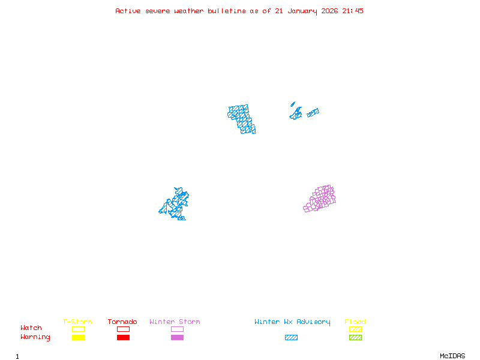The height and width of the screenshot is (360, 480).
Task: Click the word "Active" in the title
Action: [128, 11]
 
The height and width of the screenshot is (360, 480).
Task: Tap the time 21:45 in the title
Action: [353, 11]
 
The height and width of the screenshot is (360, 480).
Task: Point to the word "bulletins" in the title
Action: [227, 11]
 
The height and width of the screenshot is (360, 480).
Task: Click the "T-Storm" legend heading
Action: [77, 322]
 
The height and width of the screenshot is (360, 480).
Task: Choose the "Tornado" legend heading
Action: [122, 322]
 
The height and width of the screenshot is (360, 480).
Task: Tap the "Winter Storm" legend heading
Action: [175, 322]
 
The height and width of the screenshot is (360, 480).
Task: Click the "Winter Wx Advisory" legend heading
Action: [292, 322]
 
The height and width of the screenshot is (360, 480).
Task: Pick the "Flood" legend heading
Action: [355, 322]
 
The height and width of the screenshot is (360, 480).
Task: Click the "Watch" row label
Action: [31, 328]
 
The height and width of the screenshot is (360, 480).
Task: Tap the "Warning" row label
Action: [35, 337]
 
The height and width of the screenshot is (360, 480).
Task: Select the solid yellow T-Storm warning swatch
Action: [78, 338]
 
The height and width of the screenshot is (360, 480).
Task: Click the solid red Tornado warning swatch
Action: [123, 338]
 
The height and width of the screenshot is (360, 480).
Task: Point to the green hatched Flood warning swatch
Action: [355, 338]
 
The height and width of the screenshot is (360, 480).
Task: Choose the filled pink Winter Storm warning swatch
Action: [177, 338]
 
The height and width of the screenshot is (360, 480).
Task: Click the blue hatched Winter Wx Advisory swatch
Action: [291, 338]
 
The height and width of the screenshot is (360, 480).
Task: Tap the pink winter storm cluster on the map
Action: [320, 199]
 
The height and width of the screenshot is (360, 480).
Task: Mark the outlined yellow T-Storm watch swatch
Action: [78, 329]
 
